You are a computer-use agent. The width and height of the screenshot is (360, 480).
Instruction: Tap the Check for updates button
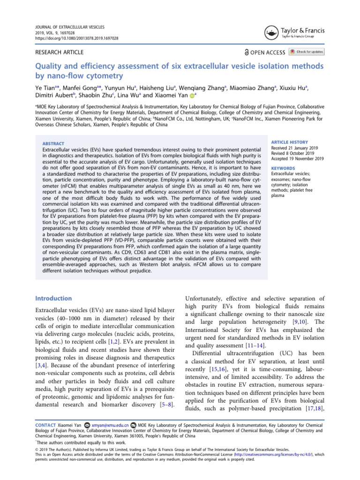tap(307, 52)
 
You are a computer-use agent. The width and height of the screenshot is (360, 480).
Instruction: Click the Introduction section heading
tap(54, 298)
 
